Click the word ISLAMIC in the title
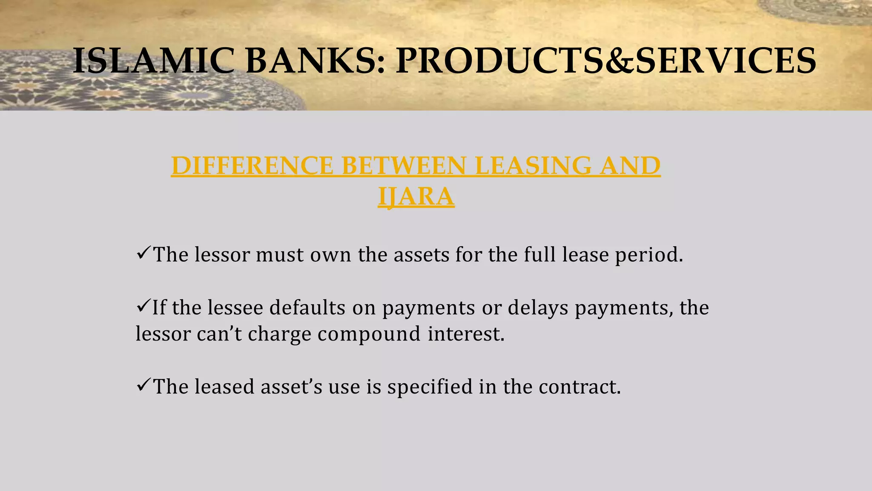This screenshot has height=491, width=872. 153,61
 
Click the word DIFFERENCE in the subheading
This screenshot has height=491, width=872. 252,166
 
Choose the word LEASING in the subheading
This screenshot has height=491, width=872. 533,166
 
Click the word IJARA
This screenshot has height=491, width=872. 416,196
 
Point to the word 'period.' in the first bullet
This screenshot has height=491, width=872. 649,255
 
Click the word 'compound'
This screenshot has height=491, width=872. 369,334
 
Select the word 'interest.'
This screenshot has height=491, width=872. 466,334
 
